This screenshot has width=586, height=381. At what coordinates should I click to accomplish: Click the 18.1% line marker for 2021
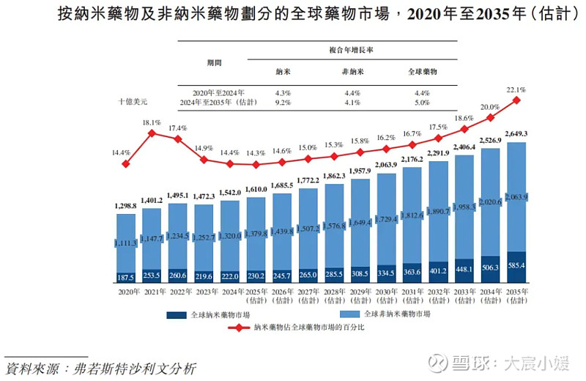point(152,133)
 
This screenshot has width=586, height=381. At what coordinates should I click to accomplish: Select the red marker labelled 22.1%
point(517,100)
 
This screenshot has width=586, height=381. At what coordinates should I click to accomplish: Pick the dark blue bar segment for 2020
point(126,277)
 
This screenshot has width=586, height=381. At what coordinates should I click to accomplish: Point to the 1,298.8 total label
point(125,206)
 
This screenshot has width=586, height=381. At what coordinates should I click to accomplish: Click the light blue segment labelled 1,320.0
point(230,236)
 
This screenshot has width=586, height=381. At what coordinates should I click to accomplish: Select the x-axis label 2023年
point(204,292)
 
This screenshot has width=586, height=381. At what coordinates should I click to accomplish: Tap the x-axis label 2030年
point(386,292)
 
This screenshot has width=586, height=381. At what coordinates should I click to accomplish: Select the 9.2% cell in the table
point(283,103)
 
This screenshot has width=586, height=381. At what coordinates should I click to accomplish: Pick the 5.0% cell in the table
point(422,103)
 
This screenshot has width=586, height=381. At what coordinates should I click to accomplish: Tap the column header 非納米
point(352,73)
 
